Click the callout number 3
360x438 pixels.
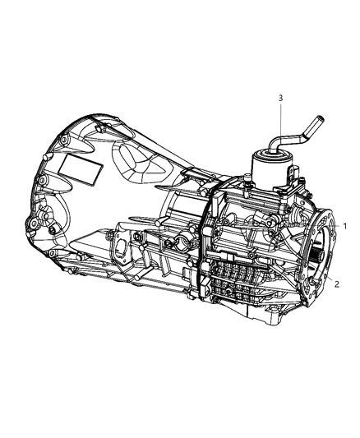pyautogui.click(x=281, y=99)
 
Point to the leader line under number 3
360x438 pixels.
pyautogui.click(x=281, y=123)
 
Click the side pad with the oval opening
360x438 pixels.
pyautogui.click(x=123, y=250)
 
